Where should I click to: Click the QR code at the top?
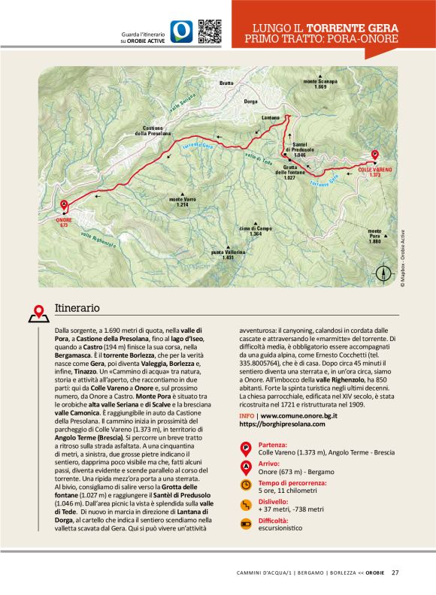pyautogui.click(x=209, y=31)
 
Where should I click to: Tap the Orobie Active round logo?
pyautogui.click(x=181, y=31)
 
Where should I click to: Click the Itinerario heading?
pyautogui.click(x=77, y=308)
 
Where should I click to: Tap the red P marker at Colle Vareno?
pyautogui.click(x=375, y=156)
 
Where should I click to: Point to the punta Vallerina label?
pyautogui.click(x=229, y=254)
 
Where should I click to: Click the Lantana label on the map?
pyautogui.click(x=271, y=118)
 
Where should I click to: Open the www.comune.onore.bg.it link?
pyautogui.click(x=297, y=415)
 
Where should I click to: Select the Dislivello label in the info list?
pyautogui.click(x=274, y=501)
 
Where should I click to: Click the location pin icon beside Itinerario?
pyautogui.click(x=38, y=311)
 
